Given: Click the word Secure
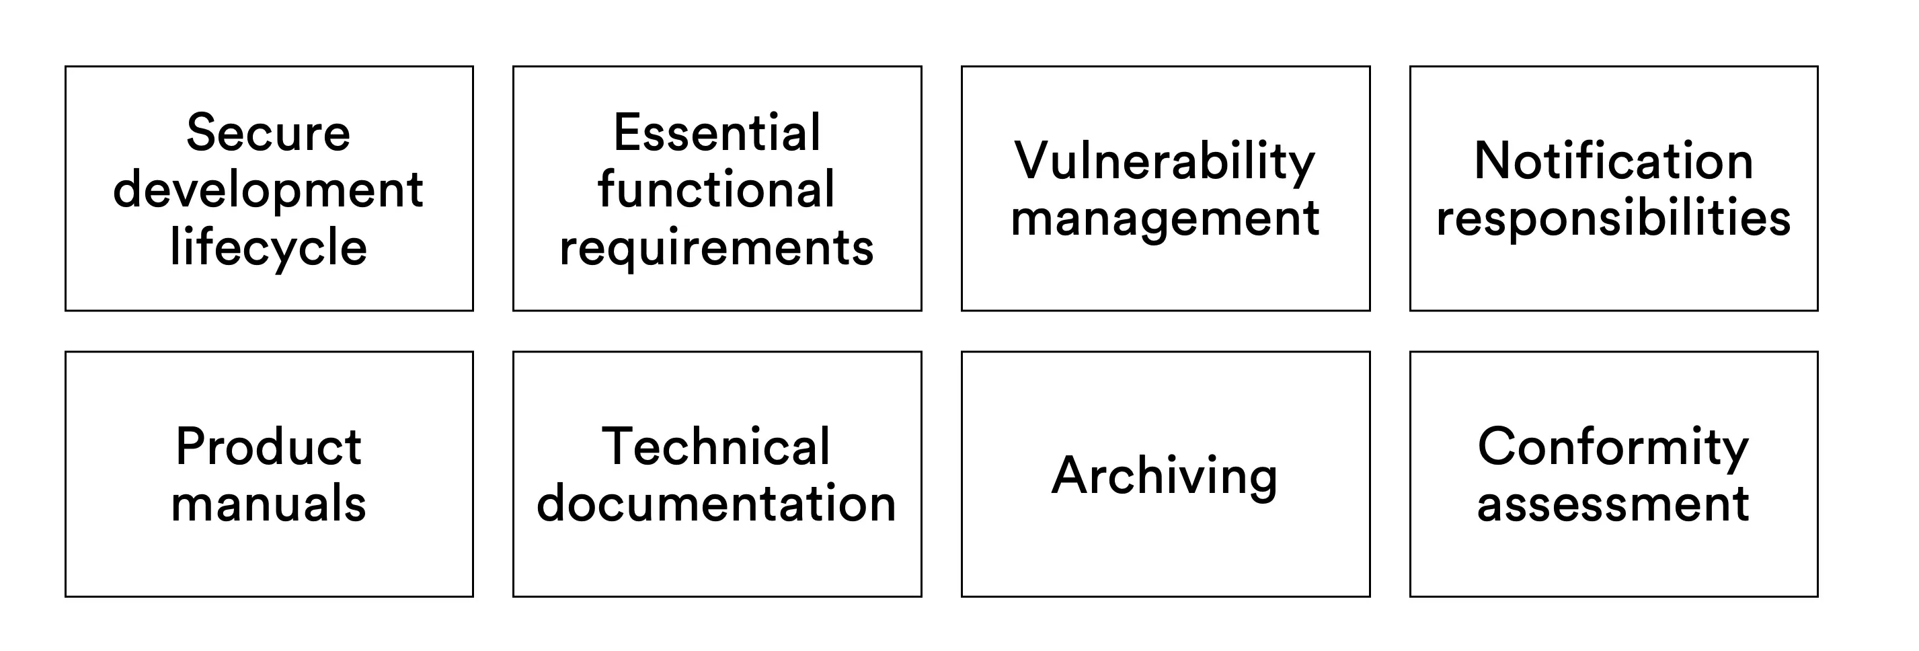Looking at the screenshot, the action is [x=268, y=132].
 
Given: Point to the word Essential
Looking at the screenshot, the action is [x=717, y=132].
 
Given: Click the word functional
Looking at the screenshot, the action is [x=716, y=189].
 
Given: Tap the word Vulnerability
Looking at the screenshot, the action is [x=1165, y=161].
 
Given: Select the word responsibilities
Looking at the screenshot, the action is [x=1614, y=219].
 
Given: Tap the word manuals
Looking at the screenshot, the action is [x=268, y=504].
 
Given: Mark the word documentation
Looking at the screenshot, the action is [x=716, y=504].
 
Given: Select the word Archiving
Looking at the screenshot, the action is [x=1165, y=477].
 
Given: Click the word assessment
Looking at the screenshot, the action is [x=1613, y=504].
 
